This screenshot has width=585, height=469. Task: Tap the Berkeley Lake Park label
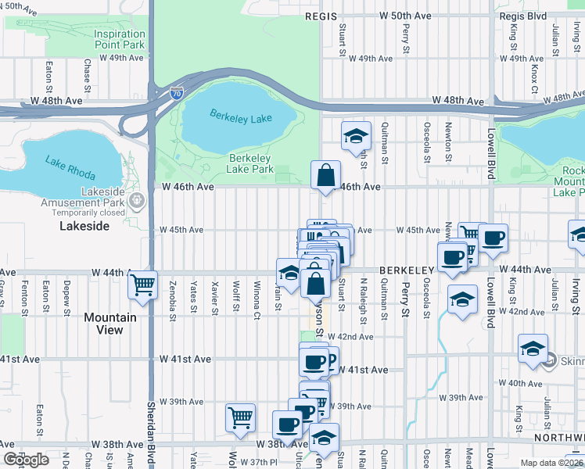250,163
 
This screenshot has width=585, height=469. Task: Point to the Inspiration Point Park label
120,39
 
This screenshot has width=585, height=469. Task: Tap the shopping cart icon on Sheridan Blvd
142,285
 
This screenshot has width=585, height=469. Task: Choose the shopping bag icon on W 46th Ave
325,176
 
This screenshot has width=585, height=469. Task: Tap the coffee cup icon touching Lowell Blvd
493,238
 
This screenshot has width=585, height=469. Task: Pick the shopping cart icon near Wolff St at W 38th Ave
240,417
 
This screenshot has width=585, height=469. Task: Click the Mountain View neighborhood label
109,324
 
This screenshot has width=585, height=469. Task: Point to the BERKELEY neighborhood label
406,270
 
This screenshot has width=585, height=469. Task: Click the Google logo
26,460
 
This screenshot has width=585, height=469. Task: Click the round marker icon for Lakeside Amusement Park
138,201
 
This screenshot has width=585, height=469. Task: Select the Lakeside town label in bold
84,226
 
